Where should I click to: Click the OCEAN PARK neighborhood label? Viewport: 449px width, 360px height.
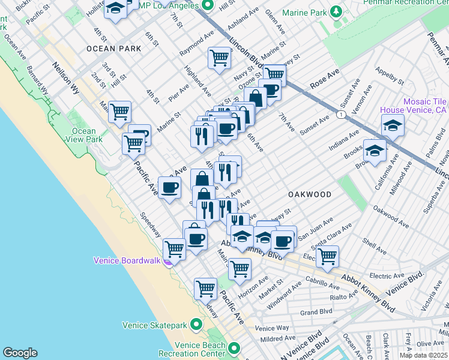tap(109, 49)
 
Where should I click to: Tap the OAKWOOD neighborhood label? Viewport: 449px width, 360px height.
tap(310, 194)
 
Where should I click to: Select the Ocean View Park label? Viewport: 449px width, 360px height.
tap(84, 135)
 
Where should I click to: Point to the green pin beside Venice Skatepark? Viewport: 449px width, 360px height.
tap(196, 325)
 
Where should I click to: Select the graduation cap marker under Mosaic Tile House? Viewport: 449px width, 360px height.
tap(393, 125)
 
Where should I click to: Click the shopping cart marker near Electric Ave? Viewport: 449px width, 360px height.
tap(327, 256)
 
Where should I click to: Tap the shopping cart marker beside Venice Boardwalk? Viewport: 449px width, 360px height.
tap(174, 248)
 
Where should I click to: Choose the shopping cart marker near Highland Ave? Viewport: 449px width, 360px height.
tap(219, 58)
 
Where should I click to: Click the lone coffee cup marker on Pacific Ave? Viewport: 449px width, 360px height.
tap(169, 187)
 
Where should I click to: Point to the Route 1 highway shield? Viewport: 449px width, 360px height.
tap(341, 114)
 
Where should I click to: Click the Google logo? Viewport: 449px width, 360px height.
tap(20, 353)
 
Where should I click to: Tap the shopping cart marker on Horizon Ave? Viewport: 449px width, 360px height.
tap(240, 269)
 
